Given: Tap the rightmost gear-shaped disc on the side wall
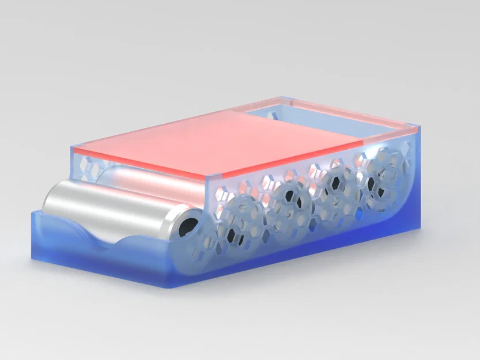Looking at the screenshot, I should pyautogui.click(x=380, y=173).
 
